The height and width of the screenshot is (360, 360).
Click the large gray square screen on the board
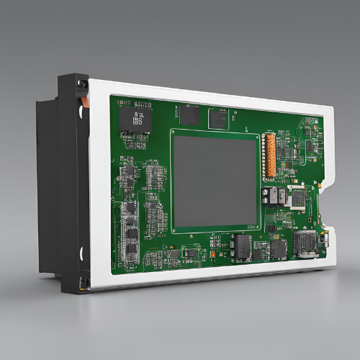click(x=214, y=179)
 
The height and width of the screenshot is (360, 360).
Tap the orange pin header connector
click(x=270, y=154)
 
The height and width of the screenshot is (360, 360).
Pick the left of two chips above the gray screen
click(x=190, y=113)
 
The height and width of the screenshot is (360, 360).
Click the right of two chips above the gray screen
click(x=218, y=118)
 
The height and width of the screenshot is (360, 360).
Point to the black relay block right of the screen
click(x=274, y=197)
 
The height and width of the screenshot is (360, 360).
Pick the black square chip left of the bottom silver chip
click(x=278, y=249)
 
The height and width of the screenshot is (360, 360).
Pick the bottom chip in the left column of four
click(x=131, y=251)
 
